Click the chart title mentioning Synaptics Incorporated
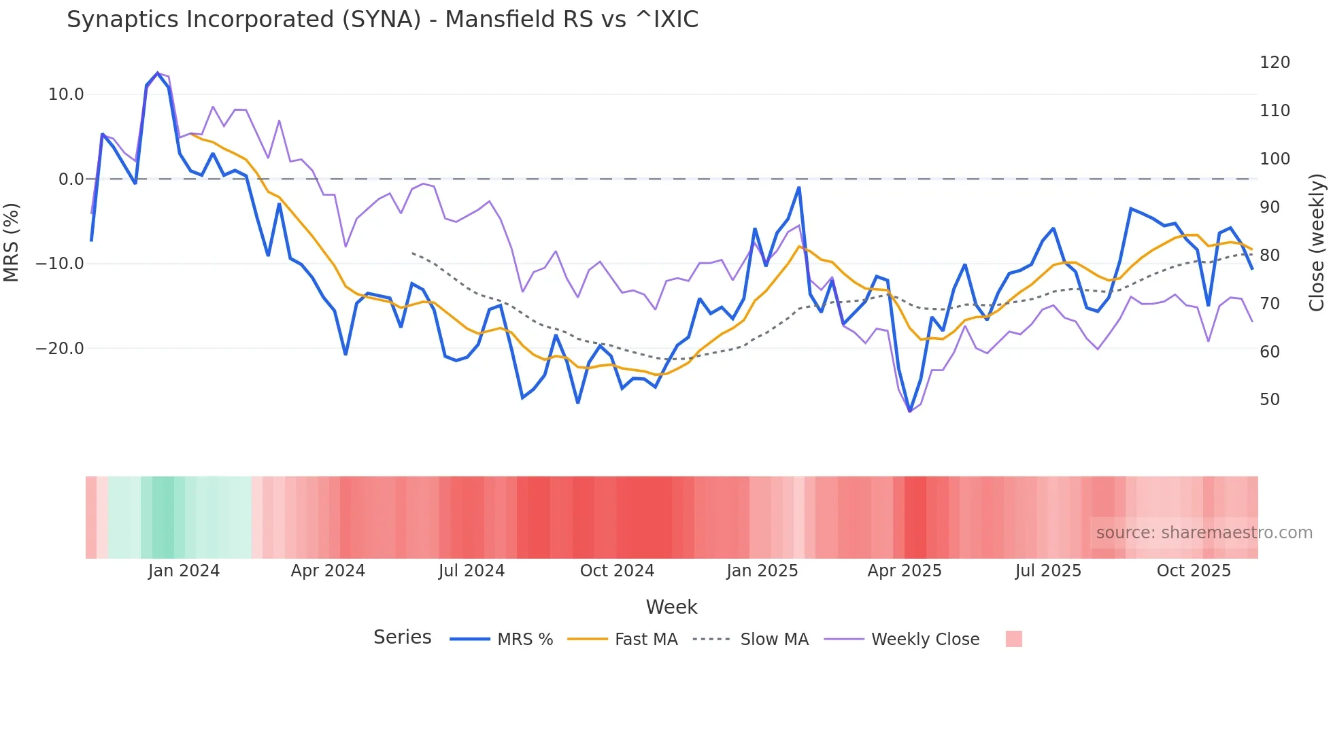(382, 20)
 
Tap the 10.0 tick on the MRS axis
(66, 94)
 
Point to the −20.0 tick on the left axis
(60, 349)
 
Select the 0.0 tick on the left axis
(71, 179)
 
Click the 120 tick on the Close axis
(1275, 63)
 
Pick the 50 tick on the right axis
(1270, 400)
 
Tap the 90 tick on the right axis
(1270, 207)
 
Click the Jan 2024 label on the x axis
(184, 571)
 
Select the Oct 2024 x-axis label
(617, 571)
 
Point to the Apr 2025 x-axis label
(905, 571)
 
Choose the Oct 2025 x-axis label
(1194, 571)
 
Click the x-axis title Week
(671, 607)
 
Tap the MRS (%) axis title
(12, 243)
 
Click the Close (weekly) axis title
(1317, 243)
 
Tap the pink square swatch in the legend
(1013, 639)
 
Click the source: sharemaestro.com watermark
(1204, 533)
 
